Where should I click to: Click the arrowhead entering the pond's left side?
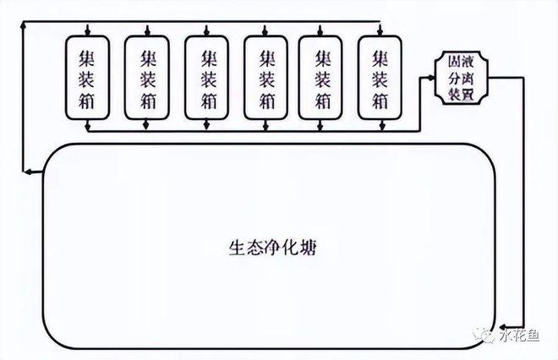30,172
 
